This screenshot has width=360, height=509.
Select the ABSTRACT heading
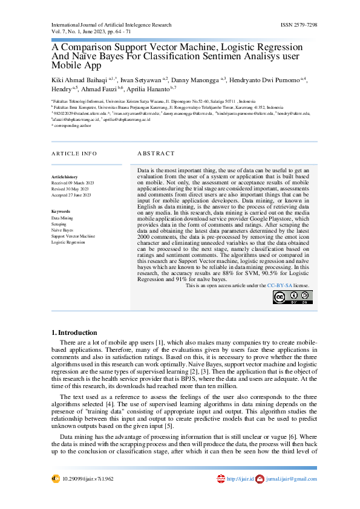click(x=155, y=154)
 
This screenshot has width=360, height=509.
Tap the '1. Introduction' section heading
click(x=74, y=332)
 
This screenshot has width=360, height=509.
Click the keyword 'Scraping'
click(x=59, y=224)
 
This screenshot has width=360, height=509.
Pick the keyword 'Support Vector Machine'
click(x=73, y=236)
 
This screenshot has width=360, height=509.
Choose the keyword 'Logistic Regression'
click(x=68, y=242)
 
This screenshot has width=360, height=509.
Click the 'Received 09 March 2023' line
click(x=71, y=182)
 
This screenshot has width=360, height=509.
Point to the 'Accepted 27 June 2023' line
click(x=71, y=195)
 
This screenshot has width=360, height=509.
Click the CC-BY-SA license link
click(x=280, y=285)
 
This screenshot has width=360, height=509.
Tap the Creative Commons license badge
click(x=293, y=297)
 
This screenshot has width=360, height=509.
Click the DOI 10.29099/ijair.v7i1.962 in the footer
click(x=88, y=479)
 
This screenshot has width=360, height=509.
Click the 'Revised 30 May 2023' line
click(x=70, y=189)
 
